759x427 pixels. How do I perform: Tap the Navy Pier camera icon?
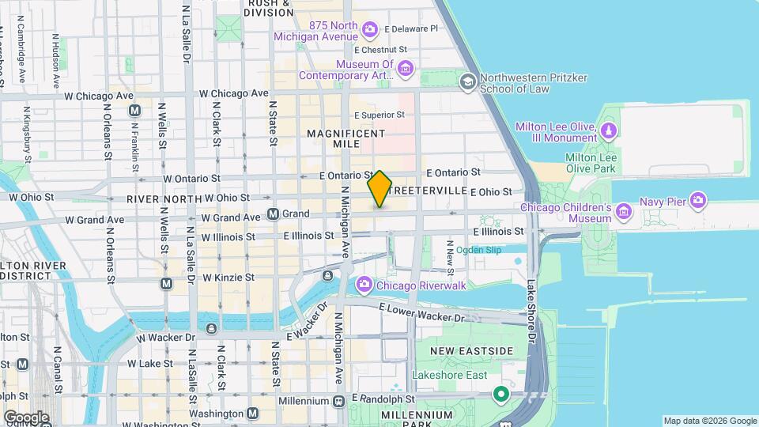click(697, 201)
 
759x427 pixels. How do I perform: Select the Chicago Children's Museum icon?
click(624, 210)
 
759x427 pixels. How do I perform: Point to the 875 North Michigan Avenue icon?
click(369, 31)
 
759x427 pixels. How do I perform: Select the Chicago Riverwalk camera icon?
click(364, 284)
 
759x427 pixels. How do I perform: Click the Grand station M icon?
click(274, 213)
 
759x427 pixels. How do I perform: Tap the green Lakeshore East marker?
click(500, 393)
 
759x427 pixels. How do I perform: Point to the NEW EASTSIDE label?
click(470, 350)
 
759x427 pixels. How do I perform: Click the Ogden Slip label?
click(479, 250)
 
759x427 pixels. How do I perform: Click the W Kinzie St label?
click(228, 278)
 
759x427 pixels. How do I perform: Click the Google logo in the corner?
click(26, 417)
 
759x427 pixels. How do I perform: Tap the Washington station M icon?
click(252, 413)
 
